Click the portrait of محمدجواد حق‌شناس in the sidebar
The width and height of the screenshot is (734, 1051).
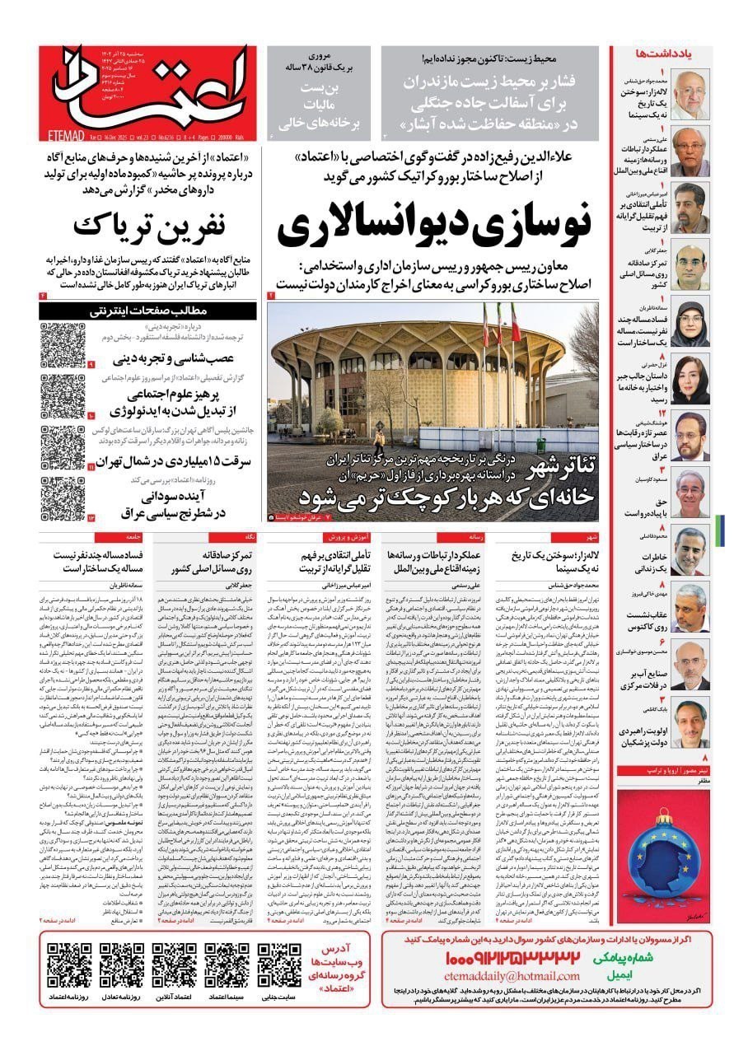coord(689,87)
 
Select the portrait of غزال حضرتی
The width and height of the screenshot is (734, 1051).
coord(689,377)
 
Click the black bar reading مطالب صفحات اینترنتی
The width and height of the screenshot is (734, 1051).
coord(152,311)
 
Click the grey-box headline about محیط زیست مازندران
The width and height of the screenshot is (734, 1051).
coord(494,96)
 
